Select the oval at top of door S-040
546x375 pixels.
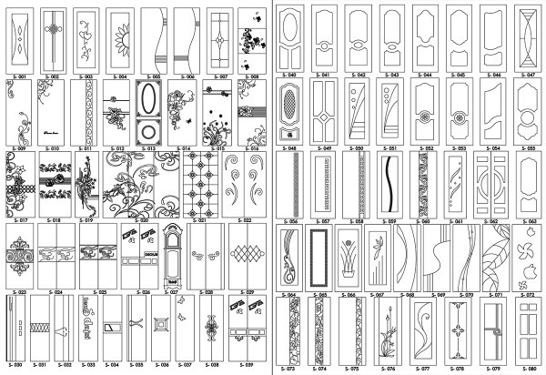click(x=290, y=20)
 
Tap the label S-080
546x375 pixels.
click(x=531, y=370)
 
